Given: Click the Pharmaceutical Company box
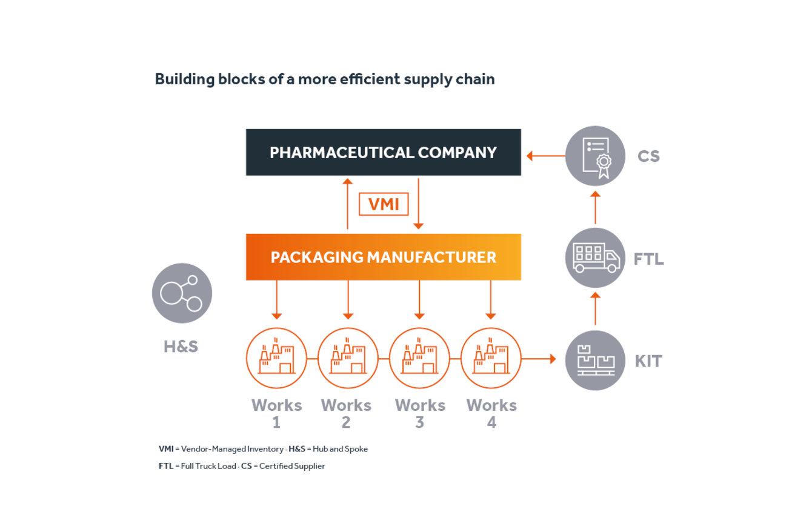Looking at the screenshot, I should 383,152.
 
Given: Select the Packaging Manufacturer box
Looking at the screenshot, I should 383,257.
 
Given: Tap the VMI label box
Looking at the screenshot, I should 384,204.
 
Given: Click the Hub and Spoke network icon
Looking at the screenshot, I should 182,293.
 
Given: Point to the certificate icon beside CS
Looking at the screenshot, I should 595,156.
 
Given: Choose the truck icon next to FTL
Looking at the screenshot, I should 595,258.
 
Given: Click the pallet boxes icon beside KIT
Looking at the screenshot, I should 595,361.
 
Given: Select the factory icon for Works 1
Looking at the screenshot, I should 276,359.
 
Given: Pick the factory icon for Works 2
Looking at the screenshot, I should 348,359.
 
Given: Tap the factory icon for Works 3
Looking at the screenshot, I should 419,359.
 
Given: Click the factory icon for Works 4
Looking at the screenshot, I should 491,359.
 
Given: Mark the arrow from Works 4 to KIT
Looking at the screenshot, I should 539,359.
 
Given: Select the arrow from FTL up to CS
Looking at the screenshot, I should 595,207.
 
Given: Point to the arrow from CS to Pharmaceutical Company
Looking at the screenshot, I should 545,156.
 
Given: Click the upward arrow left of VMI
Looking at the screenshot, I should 347,204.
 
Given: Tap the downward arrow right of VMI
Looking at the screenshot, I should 418,204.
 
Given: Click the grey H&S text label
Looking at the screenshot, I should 181,347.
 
